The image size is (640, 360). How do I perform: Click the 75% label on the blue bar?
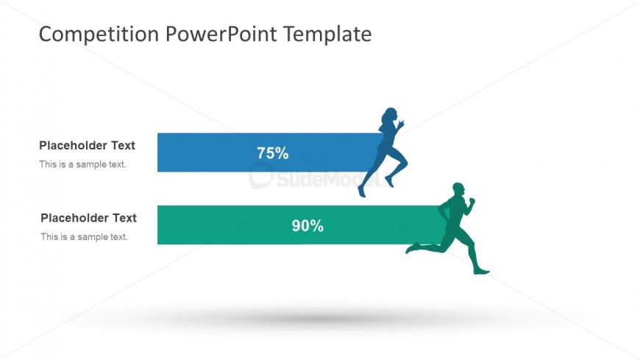click(x=272, y=153)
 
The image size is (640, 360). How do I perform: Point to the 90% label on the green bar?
click(x=307, y=226)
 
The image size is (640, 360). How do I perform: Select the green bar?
click(x=221, y=225)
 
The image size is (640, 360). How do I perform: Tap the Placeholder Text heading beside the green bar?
click(x=88, y=218)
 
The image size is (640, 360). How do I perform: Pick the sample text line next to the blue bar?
click(x=82, y=164)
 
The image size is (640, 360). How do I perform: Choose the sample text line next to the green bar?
click(x=84, y=237)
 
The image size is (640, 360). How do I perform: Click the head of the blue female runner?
click(x=390, y=116)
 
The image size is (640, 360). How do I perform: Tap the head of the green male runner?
click(x=458, y=190)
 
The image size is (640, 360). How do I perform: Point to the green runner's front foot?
click(x=481, y=272)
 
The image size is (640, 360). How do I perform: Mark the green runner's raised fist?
click(x=472, y=200)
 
